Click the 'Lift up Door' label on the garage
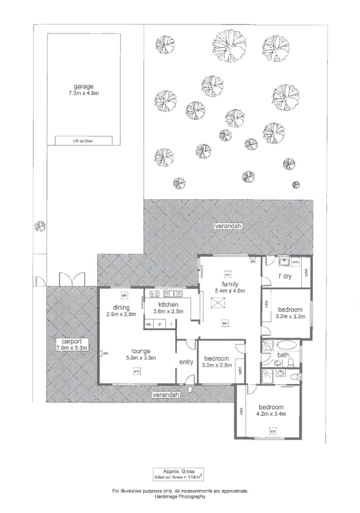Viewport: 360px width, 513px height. [83, 141]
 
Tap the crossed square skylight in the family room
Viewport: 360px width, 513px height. [217, 302]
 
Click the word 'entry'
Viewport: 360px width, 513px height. [186, 362]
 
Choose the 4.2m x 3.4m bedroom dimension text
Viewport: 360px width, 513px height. [270, 413]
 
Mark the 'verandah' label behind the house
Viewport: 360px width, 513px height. [228, 226]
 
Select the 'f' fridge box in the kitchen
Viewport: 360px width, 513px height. [172, 325]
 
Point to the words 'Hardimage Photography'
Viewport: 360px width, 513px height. [180, 497]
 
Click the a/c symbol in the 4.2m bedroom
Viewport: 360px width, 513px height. [272, 431]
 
